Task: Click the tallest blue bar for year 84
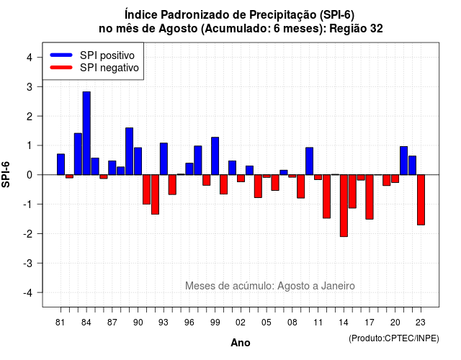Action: tap(86, 133)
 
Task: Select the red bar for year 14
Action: tap(344, 205)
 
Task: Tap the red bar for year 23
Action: tap(421, 200)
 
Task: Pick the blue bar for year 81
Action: tap(61, 164)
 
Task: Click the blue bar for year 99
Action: tap(215, 156)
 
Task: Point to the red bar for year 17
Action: tap(370, 197)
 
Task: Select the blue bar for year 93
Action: tap(164, 159)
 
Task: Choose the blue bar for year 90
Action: tap(138, 161)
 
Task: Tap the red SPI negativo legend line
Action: tap(61, 68)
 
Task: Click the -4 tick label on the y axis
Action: tap(29, 293)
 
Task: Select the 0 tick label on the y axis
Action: tap(30, 175)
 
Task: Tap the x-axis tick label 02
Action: tap(240, 323)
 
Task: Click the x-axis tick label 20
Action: tap(395, 323)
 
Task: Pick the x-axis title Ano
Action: tap(240, 343)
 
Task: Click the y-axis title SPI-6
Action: tap(6, 174)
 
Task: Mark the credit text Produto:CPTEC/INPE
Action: tap(394, 338)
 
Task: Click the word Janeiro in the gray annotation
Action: tap(338, 286)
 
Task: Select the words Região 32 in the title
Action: tap(356, 29)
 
